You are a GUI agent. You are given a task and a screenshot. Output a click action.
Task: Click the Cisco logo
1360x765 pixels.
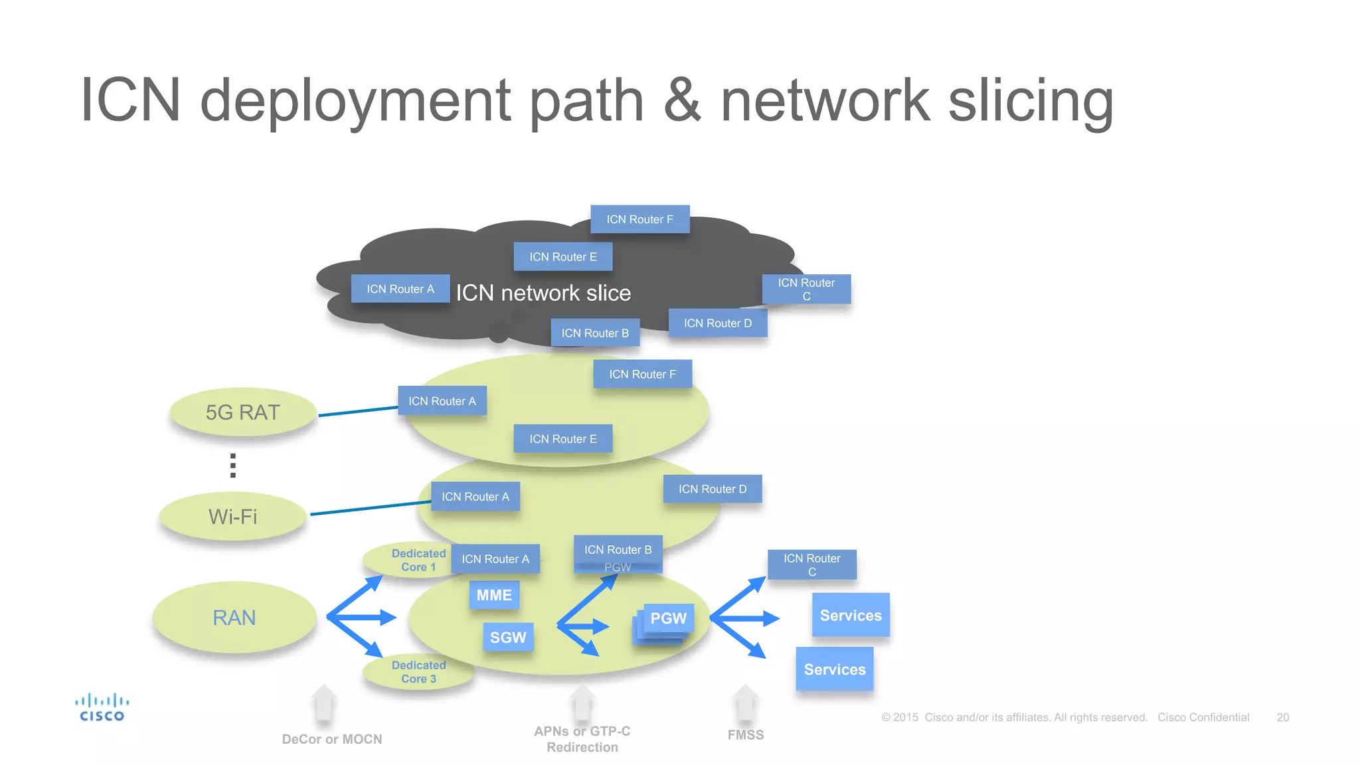[102, 707]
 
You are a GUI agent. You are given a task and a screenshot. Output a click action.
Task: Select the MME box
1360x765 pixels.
[494, 595]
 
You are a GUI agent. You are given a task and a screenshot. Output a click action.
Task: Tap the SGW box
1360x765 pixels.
[508, 637]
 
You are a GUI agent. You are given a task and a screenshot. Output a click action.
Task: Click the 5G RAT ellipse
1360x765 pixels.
[243, 412]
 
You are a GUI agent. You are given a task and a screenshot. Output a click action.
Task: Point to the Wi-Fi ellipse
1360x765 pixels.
[233, 517]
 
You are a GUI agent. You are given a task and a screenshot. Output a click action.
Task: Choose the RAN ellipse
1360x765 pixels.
[234, 618]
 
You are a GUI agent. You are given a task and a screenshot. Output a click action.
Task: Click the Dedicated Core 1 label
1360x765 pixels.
[418, 560]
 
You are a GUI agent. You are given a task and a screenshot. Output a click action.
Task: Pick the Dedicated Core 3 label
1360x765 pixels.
[418, 671]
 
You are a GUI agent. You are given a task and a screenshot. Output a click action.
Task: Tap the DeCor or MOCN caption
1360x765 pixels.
[332, 739]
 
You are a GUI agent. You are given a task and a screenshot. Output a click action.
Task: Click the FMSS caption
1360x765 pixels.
[746, 735]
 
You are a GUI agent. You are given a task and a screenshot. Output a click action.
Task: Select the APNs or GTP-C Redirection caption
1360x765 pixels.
[582, 739]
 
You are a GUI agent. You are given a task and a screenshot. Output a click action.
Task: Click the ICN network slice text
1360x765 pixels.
[543, 293]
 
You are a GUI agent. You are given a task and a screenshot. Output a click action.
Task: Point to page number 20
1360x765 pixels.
[1282, 717]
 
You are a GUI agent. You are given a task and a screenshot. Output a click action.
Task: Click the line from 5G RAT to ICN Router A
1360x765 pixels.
[359, 412]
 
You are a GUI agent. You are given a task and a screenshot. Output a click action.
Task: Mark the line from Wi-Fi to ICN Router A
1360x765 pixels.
[371, 508]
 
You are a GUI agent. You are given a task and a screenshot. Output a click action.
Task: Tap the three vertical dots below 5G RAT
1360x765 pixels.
[233, 466]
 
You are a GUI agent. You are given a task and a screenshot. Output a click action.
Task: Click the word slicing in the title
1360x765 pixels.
[1031, 101]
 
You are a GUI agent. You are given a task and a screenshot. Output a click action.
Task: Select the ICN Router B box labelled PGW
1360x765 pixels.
[618, 554]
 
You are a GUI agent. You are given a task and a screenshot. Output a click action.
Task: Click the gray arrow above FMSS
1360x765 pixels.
[745, 704]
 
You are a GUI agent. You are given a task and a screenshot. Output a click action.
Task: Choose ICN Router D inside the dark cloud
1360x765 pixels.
[718, 323]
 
